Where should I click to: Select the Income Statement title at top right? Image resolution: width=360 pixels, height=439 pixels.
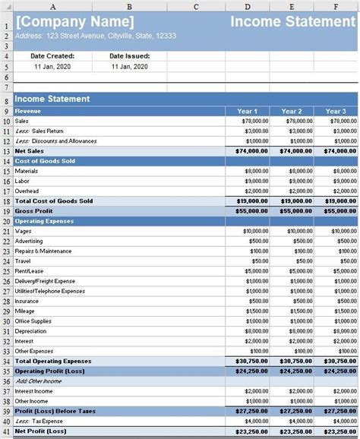[x=293, y=21]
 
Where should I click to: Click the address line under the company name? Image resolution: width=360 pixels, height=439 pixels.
[x=95, y=36]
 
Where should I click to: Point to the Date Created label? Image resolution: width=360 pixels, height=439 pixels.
[x=52, y=56]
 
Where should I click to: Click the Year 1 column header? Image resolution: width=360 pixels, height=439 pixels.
[x=248, y=111]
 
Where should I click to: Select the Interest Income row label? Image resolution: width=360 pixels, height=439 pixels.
[x=34, y=390]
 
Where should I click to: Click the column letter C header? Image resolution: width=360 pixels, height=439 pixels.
[x=197, y=6]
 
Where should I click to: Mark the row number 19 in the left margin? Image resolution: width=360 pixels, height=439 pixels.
[x=6, y=211]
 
